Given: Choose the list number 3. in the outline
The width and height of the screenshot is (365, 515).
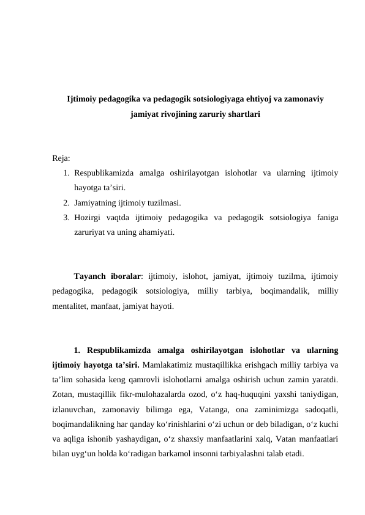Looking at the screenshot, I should point(66,218).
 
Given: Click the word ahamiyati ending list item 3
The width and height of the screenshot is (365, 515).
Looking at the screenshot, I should point(156,232).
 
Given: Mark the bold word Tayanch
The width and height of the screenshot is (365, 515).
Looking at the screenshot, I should point(91,275).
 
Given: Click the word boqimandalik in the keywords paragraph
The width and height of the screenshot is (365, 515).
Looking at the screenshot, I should point(280,289).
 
